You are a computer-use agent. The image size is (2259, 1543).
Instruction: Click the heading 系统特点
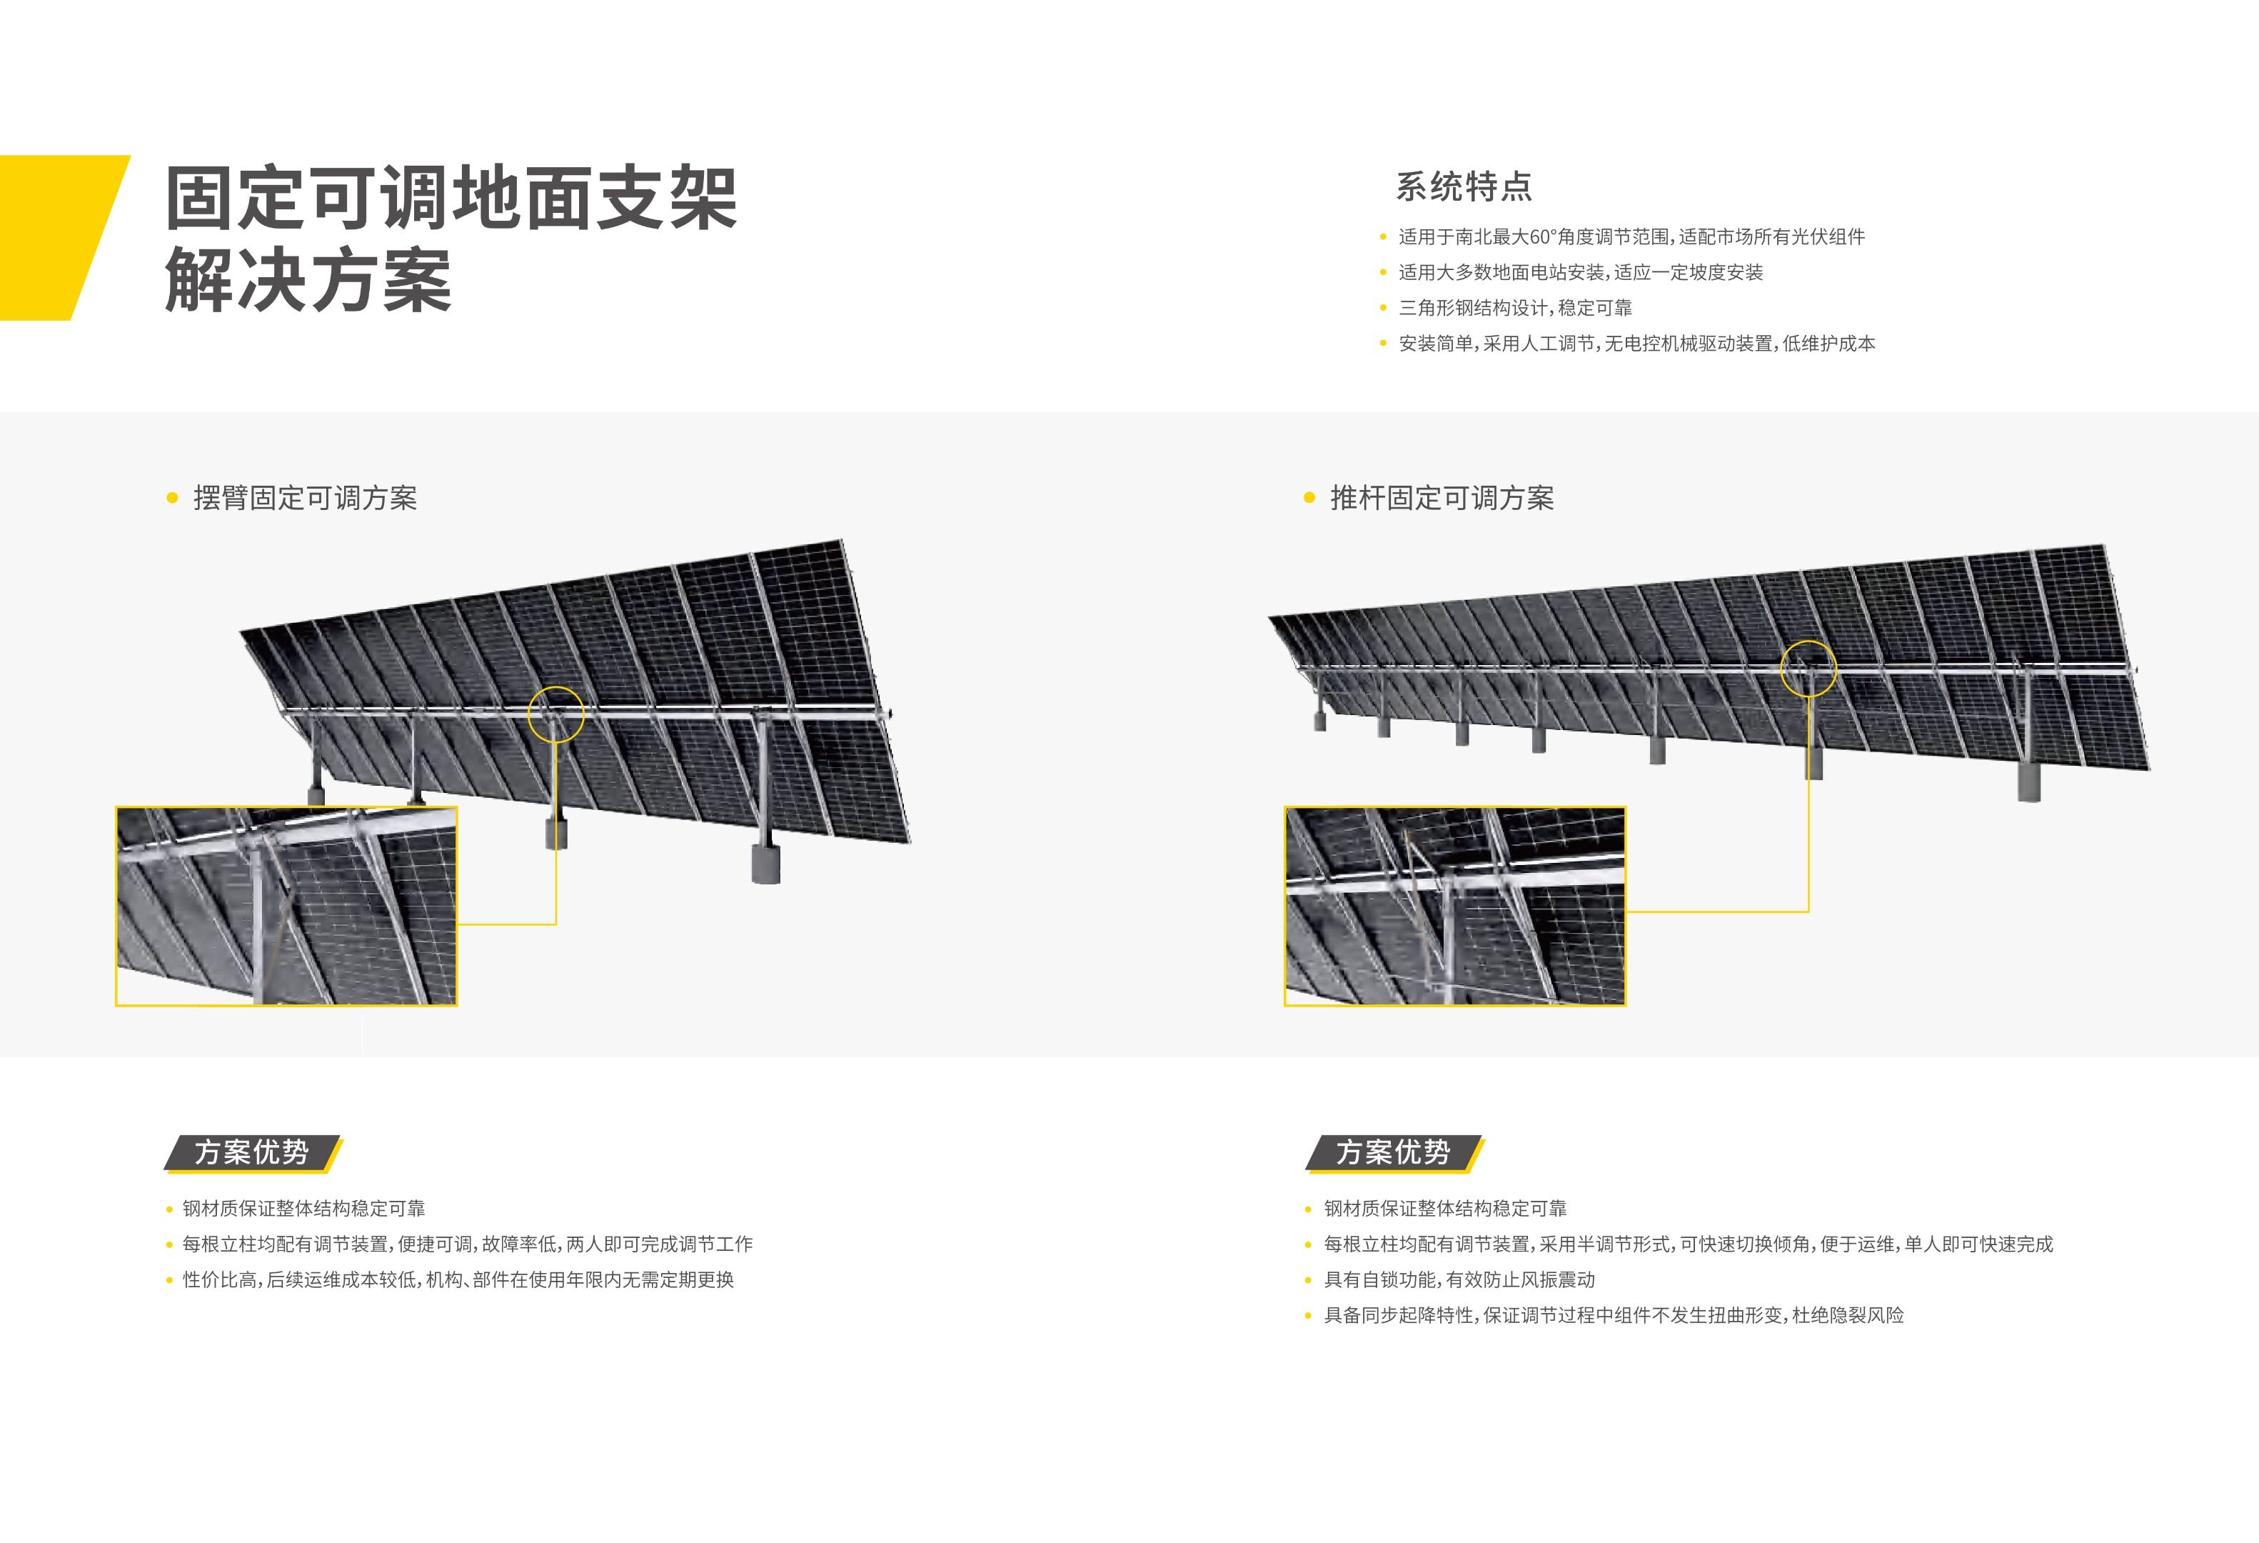pos(1463,186)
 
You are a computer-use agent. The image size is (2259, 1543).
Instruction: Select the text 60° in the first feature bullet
pos(1543,236)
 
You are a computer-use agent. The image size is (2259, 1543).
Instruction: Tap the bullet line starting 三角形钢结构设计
pos(1514,307)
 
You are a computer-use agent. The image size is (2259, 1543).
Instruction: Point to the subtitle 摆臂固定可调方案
pos(304,498)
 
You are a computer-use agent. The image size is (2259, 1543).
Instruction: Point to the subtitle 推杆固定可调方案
pos(1441,498)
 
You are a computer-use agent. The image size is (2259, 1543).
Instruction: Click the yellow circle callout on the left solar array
pos(556,714)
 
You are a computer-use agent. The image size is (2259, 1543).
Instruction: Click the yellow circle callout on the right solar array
pos(1808,668)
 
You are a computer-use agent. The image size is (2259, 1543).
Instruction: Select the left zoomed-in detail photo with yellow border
pos(286,905)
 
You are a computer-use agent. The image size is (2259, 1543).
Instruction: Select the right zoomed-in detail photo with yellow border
pos(1454,905)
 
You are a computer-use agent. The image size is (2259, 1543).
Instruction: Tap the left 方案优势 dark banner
pos(252,1152)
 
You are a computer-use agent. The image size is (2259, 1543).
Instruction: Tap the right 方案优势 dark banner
pos(1393,1152)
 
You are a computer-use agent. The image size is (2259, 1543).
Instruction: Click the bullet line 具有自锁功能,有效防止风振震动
pos(1458,1279)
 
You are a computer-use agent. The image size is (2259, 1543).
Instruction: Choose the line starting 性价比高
pos(457,1279)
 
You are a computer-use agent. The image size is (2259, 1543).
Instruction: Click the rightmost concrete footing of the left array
pos(766,864)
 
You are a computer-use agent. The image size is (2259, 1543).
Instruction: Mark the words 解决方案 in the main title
pos(308,281)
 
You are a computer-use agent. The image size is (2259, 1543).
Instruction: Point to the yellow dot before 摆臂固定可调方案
pos(173,498)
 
